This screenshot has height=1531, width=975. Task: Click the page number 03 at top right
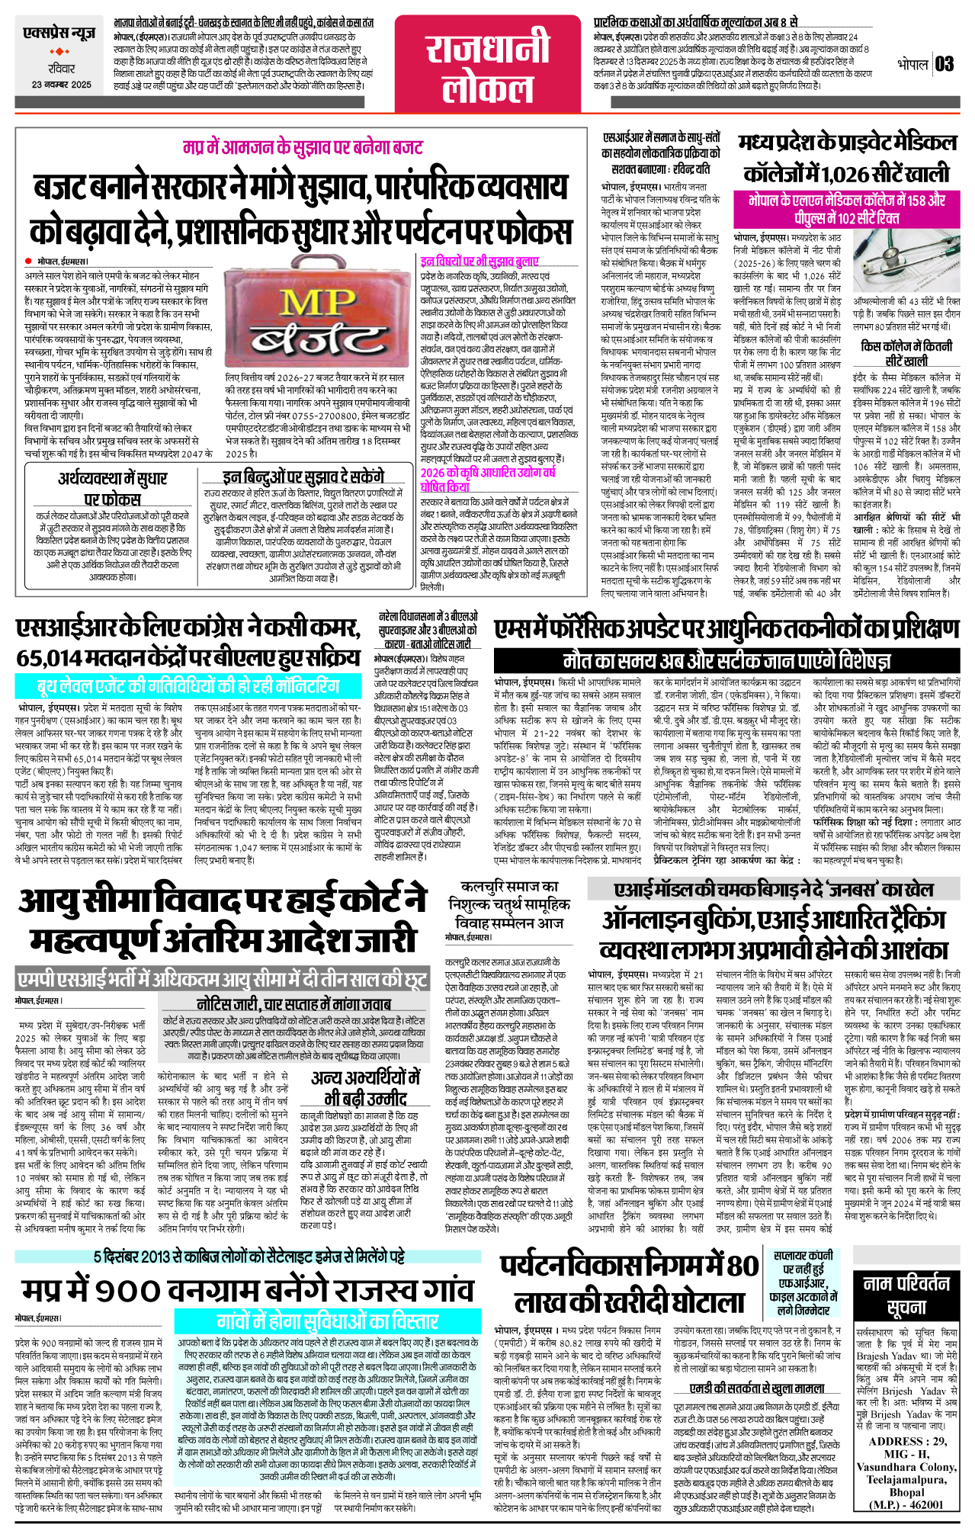(944, 64)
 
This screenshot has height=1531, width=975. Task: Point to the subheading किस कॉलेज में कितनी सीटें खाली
(906, 353)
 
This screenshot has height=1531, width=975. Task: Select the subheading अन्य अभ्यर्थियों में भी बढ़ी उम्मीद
(365, 1088)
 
